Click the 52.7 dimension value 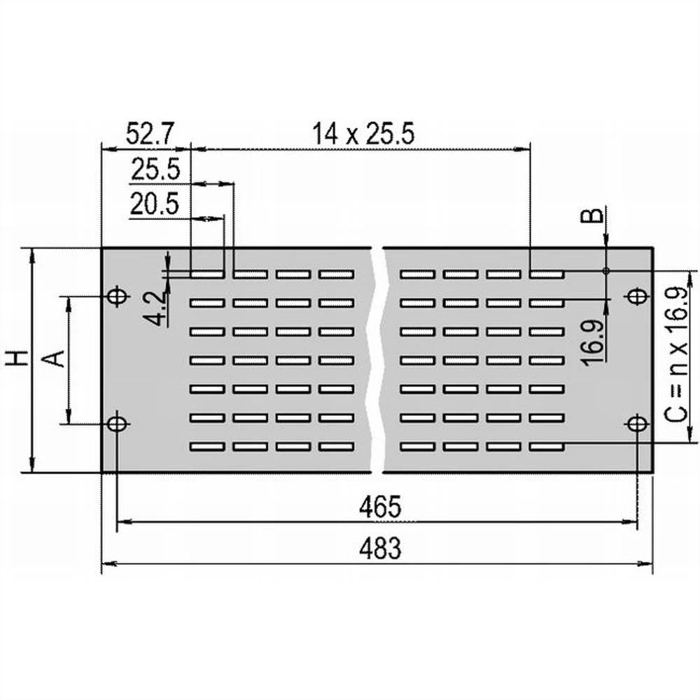[150, 133]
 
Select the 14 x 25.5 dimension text [363, 133]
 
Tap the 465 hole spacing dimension [380, 507]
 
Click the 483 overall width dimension [380, 548]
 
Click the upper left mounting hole [117, 297]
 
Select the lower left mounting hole [117, 423]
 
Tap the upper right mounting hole [636, 297]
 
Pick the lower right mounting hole [636, 423]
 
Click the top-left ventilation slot [207, 274]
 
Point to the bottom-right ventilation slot [547, 446]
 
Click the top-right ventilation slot [547, 274]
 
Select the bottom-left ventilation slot [207, 446]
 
